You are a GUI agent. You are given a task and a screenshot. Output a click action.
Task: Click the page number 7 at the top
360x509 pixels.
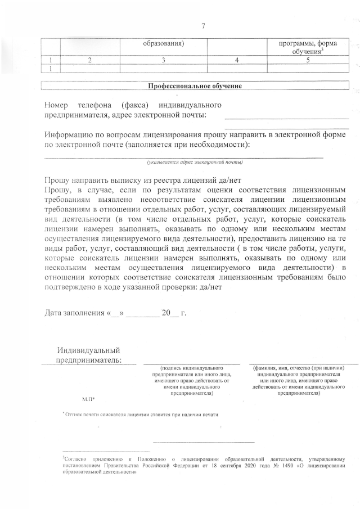point(203,25)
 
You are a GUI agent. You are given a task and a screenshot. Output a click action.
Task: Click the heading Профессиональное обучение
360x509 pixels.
point(195,86)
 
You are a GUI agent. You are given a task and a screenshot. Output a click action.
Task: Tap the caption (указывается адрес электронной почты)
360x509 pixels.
point(195,162)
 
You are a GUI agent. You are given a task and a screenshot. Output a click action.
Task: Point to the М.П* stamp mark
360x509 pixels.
point(88,398)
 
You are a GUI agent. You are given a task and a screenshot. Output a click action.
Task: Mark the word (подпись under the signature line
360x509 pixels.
point(171,368)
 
